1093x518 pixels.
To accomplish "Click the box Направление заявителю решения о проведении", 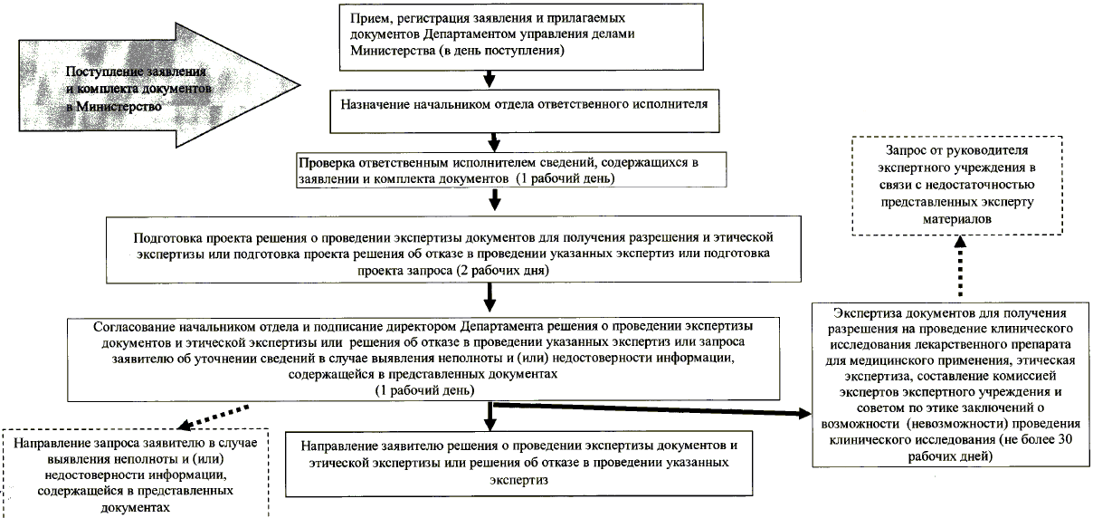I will [x=515, y=463].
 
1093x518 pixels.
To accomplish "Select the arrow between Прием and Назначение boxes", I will [x=489, y=79].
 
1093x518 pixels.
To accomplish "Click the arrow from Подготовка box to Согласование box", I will [x=489, y=294].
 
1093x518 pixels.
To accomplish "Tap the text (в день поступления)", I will [x=501, y=51].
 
